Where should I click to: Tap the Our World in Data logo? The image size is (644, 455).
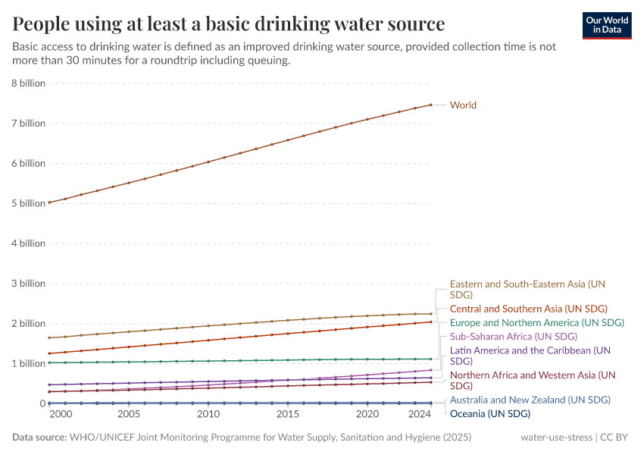tap(607, 24)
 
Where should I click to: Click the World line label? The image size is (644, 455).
tap(463, 105)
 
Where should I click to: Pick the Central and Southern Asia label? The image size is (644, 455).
tap(529, 309)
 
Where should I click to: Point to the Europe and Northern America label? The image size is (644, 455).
tap(536, 322)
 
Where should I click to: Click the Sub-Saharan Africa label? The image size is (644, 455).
tap(513, 336)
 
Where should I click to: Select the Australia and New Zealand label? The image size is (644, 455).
tap(530, 400)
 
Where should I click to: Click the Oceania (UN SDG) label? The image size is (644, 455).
tap(489, 413)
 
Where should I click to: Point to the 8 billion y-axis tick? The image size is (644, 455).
tap(28, 83)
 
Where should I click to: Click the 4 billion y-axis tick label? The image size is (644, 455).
tap(28, 243)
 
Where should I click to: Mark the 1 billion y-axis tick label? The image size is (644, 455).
tap(28, 363)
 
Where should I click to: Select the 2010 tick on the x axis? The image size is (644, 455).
tap(208, 415)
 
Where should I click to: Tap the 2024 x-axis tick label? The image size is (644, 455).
tap(419, 415)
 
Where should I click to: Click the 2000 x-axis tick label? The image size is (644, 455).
tap(61, 415)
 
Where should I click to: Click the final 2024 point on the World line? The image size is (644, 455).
tap(431, 105)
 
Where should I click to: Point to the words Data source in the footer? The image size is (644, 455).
tap(39, 438)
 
